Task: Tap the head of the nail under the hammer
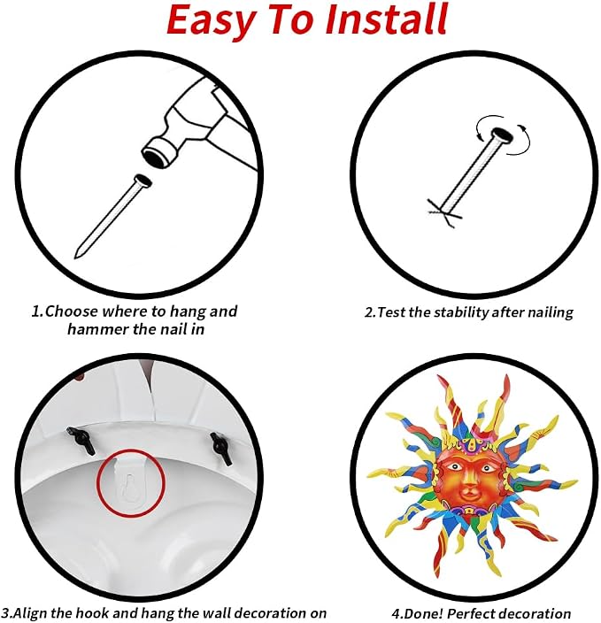[x=143, y=181]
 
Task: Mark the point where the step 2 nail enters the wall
[x=444, y=210]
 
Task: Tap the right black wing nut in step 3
[x=221, y=448]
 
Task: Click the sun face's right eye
[x=487, y=468]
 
